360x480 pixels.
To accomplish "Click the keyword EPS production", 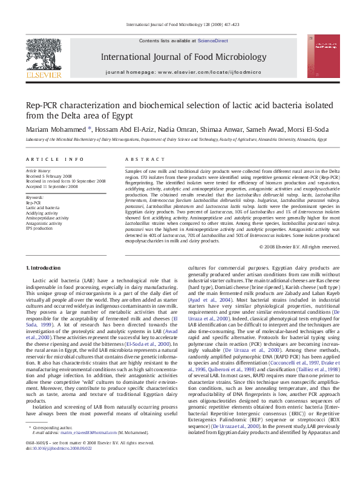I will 39,229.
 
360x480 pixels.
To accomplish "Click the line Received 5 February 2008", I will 49,176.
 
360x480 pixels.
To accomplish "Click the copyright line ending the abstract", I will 299,247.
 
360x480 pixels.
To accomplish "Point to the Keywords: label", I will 34,198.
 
